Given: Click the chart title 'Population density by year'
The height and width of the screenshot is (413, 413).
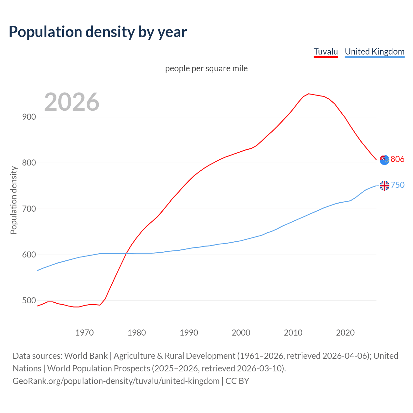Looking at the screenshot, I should pos(98,32).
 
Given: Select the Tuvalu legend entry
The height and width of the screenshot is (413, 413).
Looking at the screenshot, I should pos(326,52).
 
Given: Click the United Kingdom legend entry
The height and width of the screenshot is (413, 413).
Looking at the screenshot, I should pos(374,52).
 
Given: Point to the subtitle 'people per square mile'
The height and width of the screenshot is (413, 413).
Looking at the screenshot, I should pos(206,69).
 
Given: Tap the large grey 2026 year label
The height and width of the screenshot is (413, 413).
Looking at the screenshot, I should pos(72,102).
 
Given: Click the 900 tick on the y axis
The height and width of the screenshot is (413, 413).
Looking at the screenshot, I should pos(29,117).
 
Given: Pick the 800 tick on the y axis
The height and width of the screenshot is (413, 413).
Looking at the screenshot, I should pos(29,163).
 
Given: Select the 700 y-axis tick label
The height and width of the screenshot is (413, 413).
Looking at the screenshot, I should pos(29,209).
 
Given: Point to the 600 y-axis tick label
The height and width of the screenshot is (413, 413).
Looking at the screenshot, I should pos(29,255).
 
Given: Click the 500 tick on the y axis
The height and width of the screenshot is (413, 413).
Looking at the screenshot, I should pos(29,301).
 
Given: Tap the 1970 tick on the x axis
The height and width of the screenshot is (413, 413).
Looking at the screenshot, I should pos(85,333).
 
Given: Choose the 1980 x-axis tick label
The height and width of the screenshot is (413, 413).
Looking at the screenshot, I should pos(136,333).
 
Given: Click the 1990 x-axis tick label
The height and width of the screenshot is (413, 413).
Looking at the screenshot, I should pos(189,333).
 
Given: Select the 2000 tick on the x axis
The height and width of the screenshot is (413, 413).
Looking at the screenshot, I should pos(241,333).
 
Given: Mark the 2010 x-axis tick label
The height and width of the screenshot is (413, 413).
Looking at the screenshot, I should pos(293,333).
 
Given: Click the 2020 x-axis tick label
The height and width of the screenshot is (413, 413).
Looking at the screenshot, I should pos(345,333).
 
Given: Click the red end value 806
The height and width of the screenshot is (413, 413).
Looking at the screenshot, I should pos(398,159).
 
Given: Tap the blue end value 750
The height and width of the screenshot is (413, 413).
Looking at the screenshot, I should pos(398,185).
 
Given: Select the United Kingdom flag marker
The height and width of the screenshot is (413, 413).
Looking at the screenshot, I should pos(384,186).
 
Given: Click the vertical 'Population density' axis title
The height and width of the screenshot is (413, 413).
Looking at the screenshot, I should pos(14,200).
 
